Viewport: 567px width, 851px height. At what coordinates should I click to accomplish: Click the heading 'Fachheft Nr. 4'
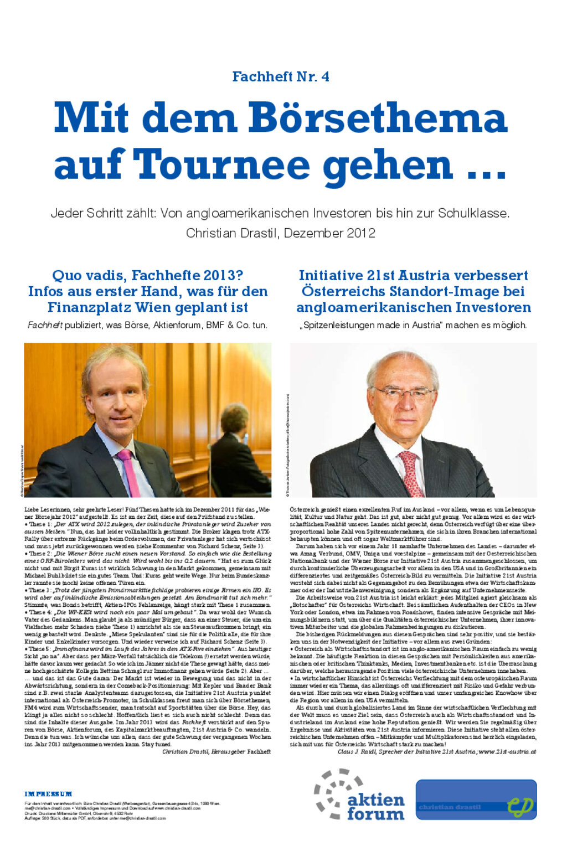click(x=281, y=76)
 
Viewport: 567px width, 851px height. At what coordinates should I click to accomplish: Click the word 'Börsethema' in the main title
click(x=377, y=117)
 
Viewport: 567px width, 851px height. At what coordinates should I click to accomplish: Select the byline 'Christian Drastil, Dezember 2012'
click(x=281, y=233)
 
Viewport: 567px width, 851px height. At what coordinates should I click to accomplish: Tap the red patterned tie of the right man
click(x=411, y=473)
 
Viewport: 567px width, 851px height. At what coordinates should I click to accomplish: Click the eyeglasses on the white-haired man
click(x=403, y=393)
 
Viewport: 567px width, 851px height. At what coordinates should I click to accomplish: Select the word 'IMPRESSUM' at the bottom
click(x=48, y=794)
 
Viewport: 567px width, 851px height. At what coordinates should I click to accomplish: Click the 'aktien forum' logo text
click(x=375, y=807)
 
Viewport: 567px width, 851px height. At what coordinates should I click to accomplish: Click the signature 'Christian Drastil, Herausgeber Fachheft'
click(x=217, y=751)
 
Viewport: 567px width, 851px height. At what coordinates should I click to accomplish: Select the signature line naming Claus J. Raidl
click(x=437, y=751)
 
